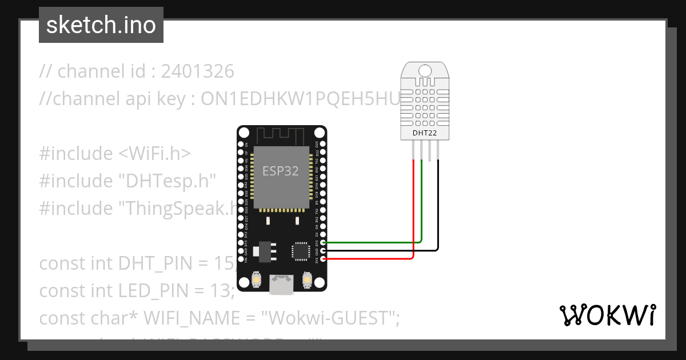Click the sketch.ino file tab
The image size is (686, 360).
coord(101,25)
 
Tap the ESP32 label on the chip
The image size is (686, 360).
coord(281,171)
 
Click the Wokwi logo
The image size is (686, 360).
coord(607,315)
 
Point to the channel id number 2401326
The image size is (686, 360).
coord(198,71)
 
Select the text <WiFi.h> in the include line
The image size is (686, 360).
coord(155,154)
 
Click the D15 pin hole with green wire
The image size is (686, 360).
coord(324,243)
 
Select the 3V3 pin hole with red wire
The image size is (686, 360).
coord(324,259)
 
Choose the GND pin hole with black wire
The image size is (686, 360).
coord(324,251)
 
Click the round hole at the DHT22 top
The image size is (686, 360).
coord(425,70)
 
